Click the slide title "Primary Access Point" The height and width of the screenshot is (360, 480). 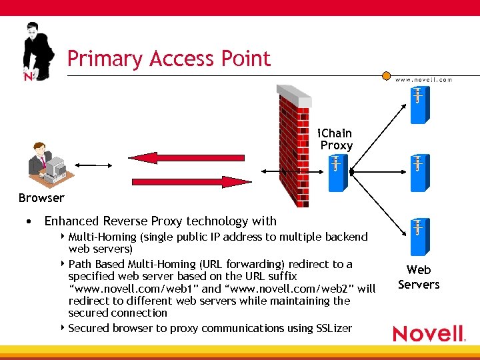pyautogui.click(x=169, y=59)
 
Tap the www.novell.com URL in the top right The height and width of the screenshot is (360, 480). pyautogui.click(x=423, y=79)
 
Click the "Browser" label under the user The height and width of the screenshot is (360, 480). pyautogui.click(x=41, y=197)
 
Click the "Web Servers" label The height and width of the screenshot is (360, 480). pyautogui.click(x=419, y=277)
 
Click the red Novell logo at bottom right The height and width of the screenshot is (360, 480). pyautogui.click(x=428, y=333)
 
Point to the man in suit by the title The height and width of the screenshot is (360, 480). pyautogui.click(x=37, y=53)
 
